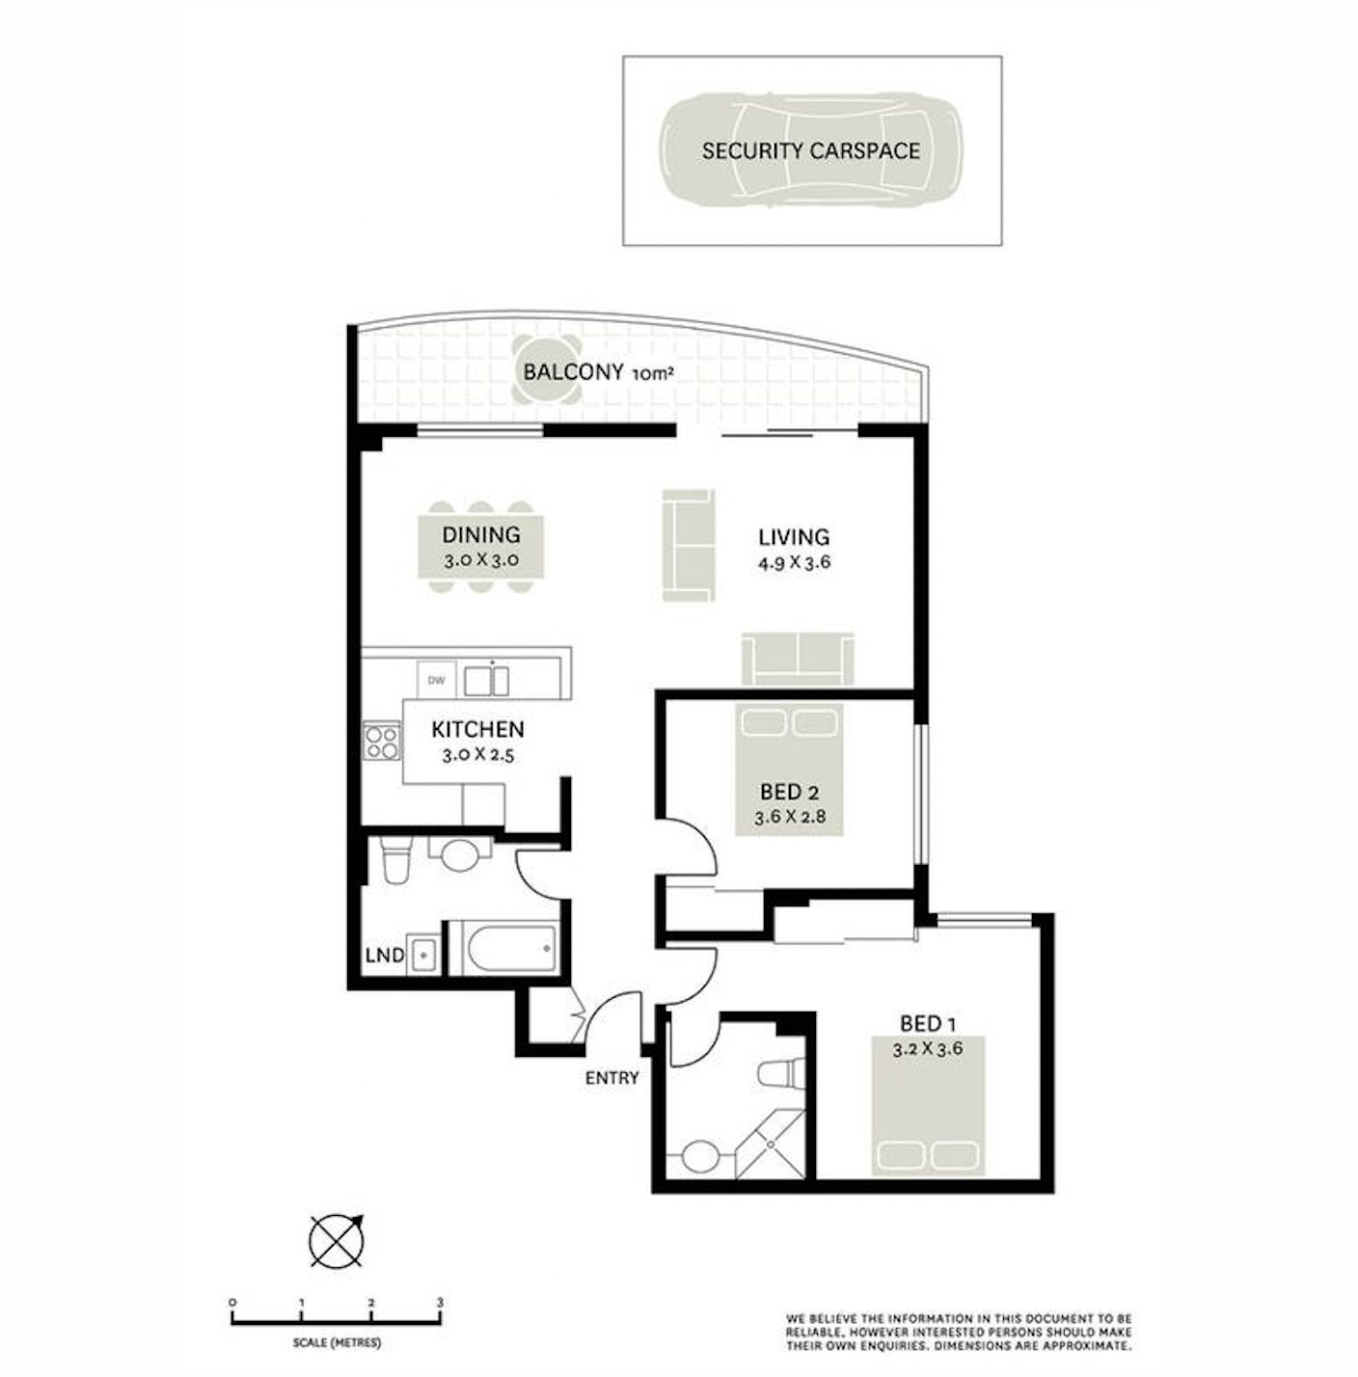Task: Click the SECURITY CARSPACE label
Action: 810,150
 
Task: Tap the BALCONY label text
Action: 573,372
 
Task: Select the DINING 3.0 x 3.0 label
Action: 481,546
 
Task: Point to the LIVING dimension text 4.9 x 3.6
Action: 794,561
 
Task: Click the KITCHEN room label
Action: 477,729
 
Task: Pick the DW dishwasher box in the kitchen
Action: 436,680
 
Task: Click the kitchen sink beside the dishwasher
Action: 486,680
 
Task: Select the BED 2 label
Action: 789,791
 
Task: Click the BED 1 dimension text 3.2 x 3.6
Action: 928,1049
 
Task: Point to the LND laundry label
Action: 385,955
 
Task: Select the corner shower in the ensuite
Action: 770,1145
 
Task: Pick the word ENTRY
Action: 611,1078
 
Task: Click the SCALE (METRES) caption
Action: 337,1343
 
